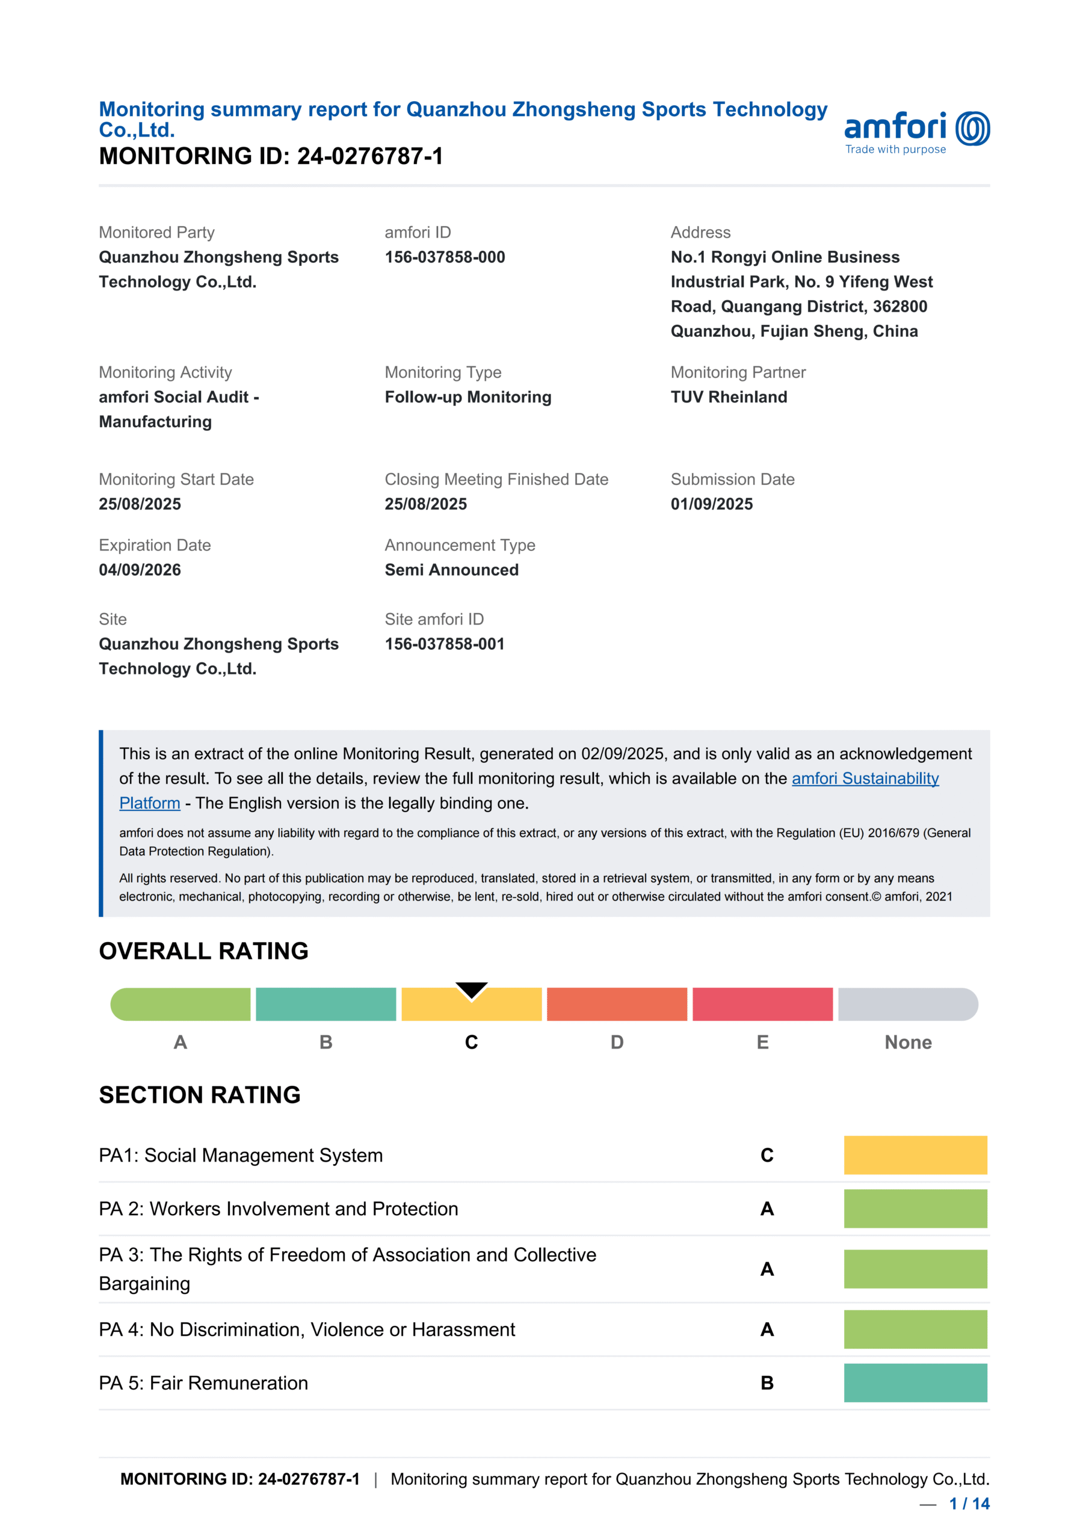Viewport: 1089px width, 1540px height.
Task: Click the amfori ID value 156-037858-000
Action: point(444,257)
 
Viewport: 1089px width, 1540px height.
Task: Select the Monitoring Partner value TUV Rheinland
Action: point(729,397)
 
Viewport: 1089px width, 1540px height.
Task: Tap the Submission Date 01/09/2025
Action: point(711,504)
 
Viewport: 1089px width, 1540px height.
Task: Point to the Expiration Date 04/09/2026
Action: point(140,570)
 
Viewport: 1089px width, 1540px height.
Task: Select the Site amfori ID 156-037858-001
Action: point(444,644)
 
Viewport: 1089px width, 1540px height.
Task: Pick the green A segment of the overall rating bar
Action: point(180,1004)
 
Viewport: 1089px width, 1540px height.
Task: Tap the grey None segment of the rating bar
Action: point(907,1004)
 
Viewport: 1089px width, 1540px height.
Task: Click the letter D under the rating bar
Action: point(617,1042)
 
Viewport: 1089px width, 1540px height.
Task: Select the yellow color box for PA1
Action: point(915,1154)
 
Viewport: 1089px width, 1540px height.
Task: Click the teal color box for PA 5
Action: point(915,1382)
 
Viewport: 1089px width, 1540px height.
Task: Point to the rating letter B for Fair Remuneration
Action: point(767,1383)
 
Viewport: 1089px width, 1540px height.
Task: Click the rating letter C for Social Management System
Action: point(767,1155)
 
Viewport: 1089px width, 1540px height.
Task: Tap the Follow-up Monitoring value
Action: point(467,397)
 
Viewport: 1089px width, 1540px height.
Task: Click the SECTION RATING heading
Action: point(199,1095)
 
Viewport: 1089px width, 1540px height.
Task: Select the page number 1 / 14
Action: point(969,1503)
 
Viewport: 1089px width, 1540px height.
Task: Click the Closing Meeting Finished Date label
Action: point(496,479)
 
